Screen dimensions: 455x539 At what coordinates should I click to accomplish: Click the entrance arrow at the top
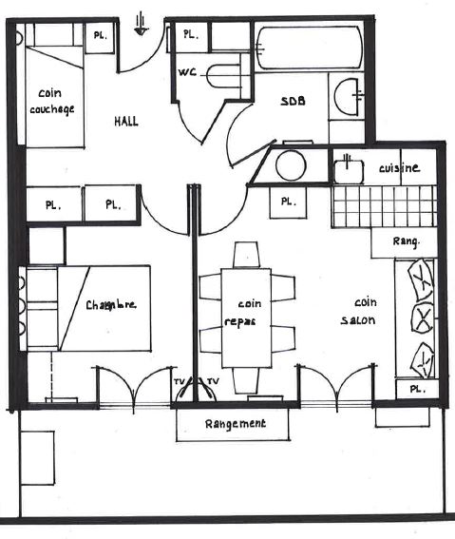[141, 24]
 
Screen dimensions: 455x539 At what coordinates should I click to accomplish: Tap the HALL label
[126, 122]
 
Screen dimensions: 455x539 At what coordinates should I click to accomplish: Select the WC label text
[187, 72]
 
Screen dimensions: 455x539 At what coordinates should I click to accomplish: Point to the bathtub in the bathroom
[310, 48]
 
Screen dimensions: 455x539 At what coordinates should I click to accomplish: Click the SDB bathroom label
[293, 101]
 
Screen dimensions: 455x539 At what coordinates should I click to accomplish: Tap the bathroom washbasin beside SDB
[347, 97]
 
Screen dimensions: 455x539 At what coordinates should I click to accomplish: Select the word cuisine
[399, 167]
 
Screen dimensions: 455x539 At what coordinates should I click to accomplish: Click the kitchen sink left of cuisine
[349, 171]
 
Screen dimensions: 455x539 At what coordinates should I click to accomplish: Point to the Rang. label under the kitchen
[407, 241]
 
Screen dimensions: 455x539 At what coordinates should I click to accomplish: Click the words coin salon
[358, 312]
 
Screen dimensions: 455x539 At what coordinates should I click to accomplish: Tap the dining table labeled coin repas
[246, 318]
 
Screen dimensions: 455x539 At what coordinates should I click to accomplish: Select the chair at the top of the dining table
[246, 255]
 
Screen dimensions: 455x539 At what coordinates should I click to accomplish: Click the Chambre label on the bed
[110, 305]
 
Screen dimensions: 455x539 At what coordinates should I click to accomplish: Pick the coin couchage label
[51, 101]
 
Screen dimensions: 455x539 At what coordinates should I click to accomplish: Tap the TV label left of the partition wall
[180, 381]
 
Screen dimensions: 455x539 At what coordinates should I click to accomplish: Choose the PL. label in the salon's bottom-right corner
[418, 389]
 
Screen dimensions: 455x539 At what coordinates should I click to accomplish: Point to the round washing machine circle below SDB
[291, 165]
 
